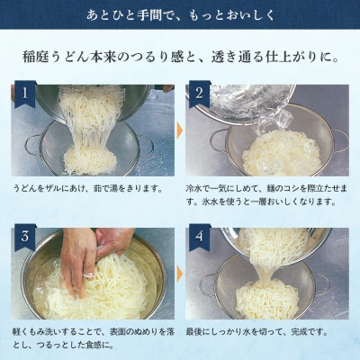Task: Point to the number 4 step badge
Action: point(198,238)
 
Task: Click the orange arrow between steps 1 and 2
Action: point(179,130)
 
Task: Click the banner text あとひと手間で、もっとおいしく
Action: point(180,15)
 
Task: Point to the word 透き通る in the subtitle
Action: point(238,58)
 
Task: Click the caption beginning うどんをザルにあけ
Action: point(86,188)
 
